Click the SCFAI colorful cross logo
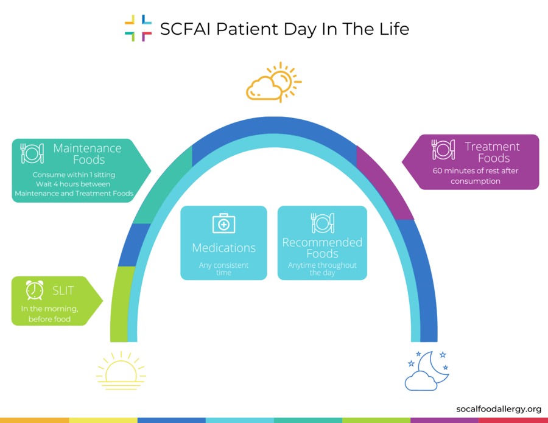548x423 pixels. [x=138, y=28]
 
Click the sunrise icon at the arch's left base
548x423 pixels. [x=121, y=371]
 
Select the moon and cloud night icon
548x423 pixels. [x=427, y=371]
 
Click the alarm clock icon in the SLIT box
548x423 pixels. [x=35, y=290]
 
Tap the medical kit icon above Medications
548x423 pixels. [x=223, y=223]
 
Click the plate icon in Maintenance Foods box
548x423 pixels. [x=32, y=153]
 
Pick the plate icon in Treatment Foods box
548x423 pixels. [x=443, y=150]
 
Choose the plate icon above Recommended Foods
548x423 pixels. [x=322, y=223]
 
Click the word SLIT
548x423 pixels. [x=63, y=291]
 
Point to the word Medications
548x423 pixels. [x=223, y=248]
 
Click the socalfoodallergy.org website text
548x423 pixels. [x=499, y=409]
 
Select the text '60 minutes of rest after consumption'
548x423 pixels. [x=476, y=176]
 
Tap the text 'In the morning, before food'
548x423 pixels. [x=49, y=313]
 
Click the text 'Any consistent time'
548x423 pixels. [x=223, y=269]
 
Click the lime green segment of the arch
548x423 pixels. [x=119, y=304]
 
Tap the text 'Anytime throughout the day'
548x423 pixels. [x=322, y=269]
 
